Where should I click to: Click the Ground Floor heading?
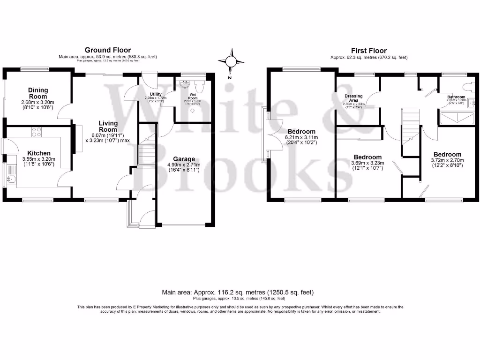[107, 50]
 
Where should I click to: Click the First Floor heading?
[369, 51]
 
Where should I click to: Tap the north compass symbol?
[230, 62]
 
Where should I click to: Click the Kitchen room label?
[38, 153]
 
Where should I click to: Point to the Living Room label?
[107, 127]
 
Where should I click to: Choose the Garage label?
[184, 159]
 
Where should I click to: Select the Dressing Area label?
[353, 98]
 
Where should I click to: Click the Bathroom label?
[456, 97]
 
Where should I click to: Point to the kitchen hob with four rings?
[36, 132]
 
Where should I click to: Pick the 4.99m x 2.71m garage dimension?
[184, 167]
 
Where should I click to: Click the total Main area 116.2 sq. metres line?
[238, 292]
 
